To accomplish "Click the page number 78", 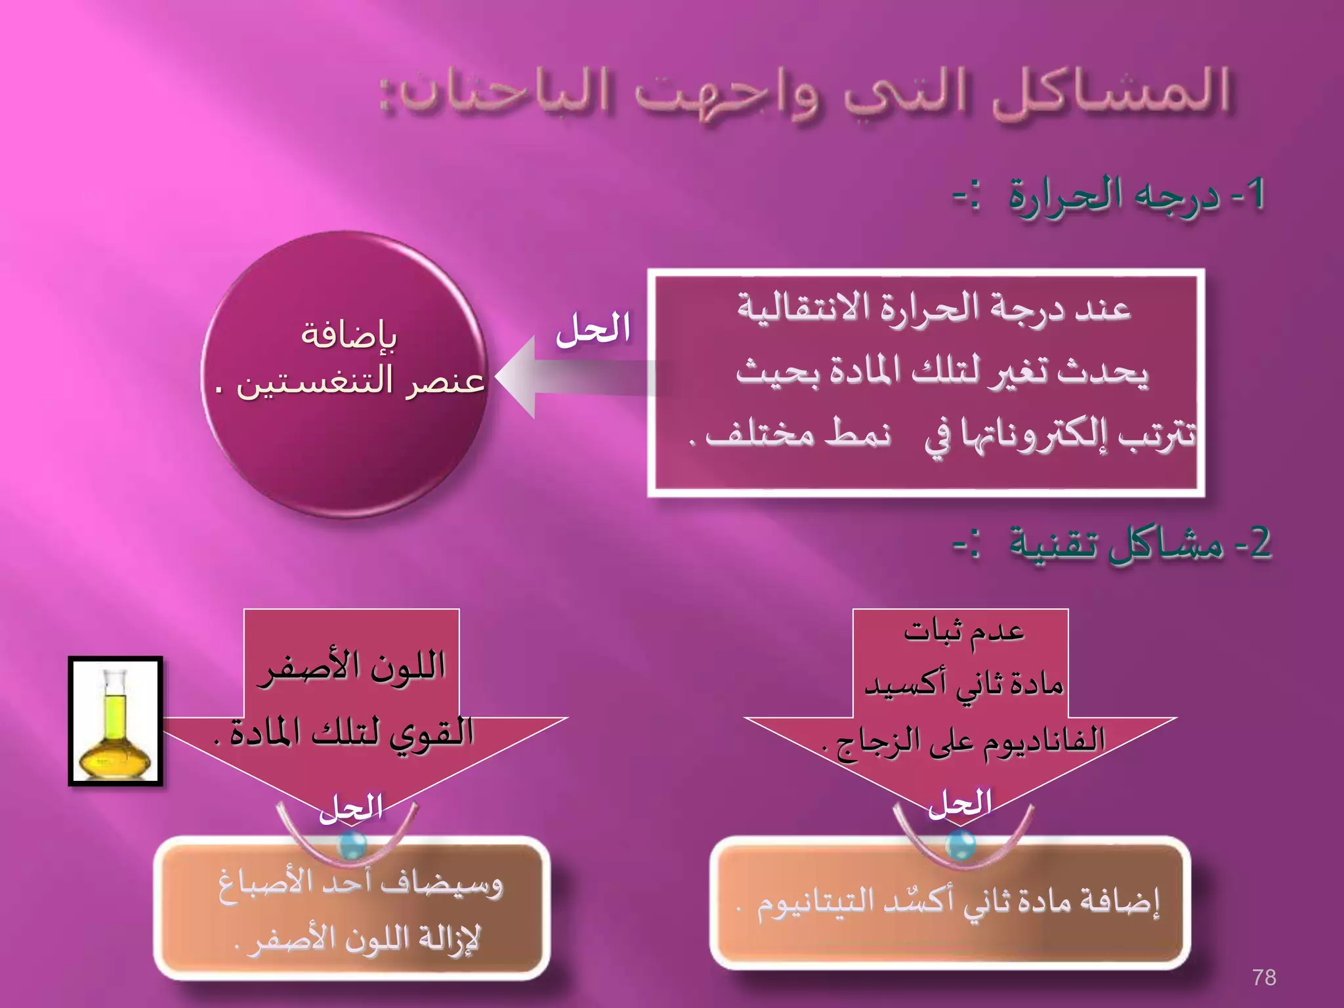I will coord(1264,977).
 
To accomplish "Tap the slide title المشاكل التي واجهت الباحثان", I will coord(805,93).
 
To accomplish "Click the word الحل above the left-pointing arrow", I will coord(593,329).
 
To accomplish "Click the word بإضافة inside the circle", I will coord(348,335).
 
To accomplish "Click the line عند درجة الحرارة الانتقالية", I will coord(933,308).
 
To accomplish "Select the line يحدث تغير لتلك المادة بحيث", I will coord(942,372).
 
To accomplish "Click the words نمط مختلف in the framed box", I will coord(797,433).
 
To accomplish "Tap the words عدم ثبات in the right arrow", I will coord(963,631).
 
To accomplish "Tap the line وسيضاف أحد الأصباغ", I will coord(360,885).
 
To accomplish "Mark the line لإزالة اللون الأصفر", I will coord(358,939).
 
